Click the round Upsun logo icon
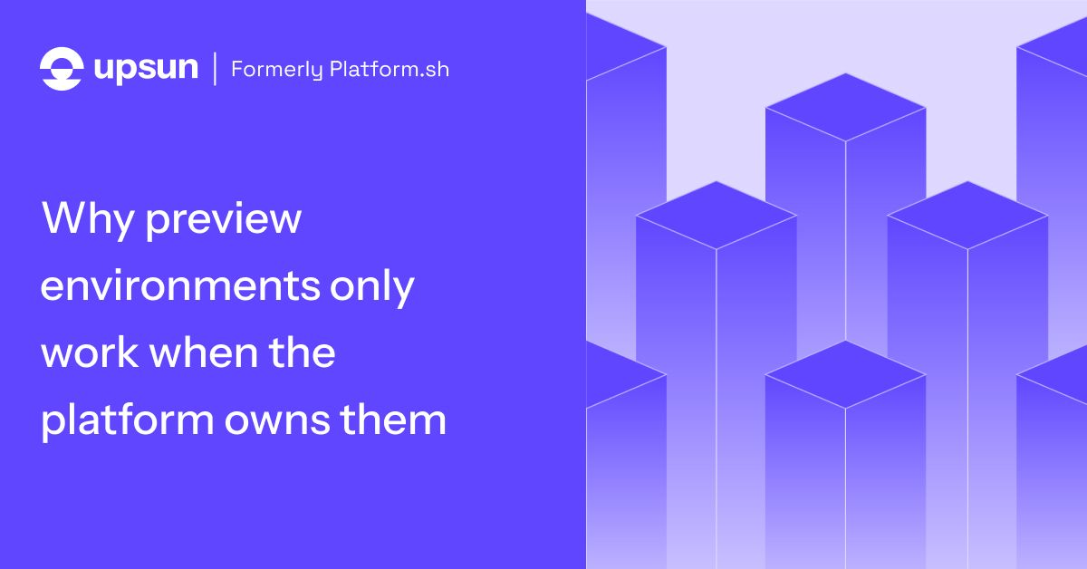click(62, 69)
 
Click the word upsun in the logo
click(146, 69)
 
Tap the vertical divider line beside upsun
click(215, 69)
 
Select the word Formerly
click(277, 70)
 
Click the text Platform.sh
click(390, 69)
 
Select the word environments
click(180, 286)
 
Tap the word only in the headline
click(372, 286)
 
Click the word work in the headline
click(90, 352)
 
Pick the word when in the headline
click(204, 352)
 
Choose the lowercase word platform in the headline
click(128, 420)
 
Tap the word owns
click(277, 422)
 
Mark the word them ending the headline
click(393, 420)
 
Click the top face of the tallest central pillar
click(846, 107)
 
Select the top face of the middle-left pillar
click(717, 215)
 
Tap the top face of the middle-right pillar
click(968, 215)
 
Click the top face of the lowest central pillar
click(846, 374)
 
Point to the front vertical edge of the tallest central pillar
click(846, 241)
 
